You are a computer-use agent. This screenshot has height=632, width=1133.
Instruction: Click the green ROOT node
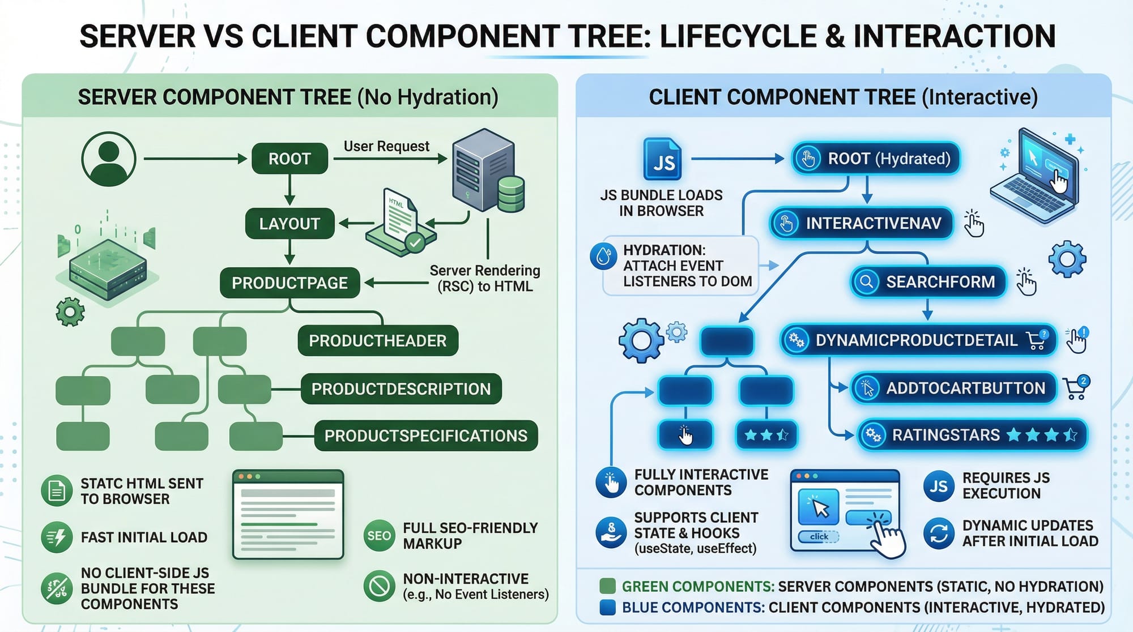pos(289,159)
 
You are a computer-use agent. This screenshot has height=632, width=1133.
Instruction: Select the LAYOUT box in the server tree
pos(289,224)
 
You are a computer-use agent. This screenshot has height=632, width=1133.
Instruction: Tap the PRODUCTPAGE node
pos(289,283)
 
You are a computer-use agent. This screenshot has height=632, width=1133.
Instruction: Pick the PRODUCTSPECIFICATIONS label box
pos(425,435)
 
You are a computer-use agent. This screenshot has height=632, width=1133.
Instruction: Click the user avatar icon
pos(109,159)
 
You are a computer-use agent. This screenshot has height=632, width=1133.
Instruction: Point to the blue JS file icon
pos(662,159)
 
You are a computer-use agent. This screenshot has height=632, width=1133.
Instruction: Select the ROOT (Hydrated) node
pos(875,159)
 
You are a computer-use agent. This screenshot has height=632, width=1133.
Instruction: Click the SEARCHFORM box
pos(928,281)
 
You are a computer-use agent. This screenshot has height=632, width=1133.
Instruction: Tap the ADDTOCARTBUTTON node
pos(953,388)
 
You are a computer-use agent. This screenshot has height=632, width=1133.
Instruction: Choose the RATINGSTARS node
pos(972,435)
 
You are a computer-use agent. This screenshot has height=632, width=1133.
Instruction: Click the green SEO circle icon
pos(379,536)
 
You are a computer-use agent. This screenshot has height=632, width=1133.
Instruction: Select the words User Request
pos(386,146)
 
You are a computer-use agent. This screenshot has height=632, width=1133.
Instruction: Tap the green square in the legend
pos(607,586)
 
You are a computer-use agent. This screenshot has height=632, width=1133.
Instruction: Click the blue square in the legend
pos(607,607)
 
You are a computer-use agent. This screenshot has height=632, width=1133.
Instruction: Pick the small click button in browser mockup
pos(819,536)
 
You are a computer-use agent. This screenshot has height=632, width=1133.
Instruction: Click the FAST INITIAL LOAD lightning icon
pos(57,537)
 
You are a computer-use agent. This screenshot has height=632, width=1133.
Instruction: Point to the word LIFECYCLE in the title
pos(735,36)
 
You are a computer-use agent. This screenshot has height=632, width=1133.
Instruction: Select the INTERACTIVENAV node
pos(861,223)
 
